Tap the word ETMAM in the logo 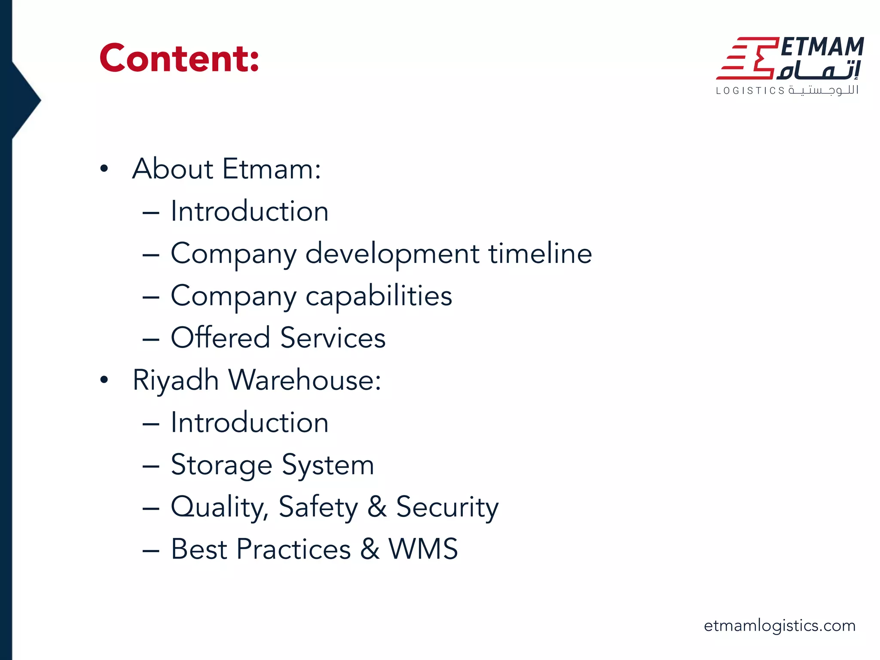point(822,47)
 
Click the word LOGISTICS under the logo point(750,91)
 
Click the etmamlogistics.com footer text point(779,625)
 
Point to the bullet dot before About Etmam point(104,168)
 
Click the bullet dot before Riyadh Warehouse point(104,380)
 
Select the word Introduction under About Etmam point(250,211)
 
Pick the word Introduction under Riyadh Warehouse point(250,422)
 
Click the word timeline point(540,253)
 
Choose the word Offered point(220,337)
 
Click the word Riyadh point(176,381)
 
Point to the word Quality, point(220,507)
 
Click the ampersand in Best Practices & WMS point(370,549)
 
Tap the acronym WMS point(423,549)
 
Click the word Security point(447,507)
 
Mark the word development point(392,254)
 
